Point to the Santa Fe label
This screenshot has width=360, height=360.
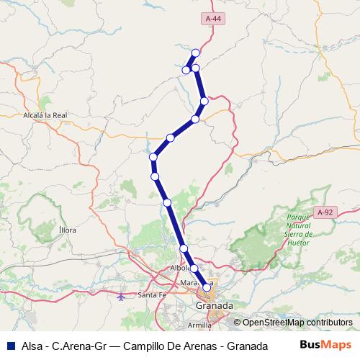tap(152, 296)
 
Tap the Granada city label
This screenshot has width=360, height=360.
tap(215, 306)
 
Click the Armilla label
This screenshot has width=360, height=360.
tap(199, 325)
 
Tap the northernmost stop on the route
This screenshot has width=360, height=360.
tap(195, 53)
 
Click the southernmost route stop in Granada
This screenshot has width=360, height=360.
tap(207, 287)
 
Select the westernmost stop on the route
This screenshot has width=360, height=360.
tap(153, 157)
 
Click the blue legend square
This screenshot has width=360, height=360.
tap(11, 345)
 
